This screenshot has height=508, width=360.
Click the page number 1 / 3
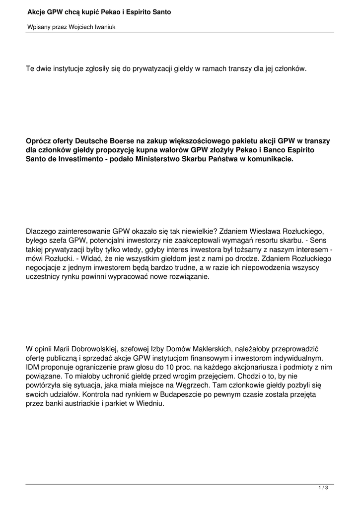(x=323, y=489)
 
